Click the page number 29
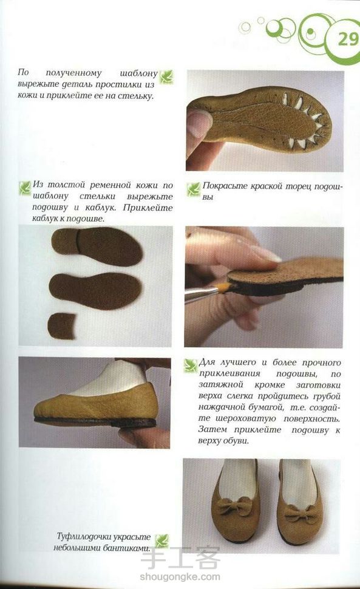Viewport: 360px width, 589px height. click(x=348, y=38)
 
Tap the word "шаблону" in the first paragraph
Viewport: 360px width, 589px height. click(x=139, y=73)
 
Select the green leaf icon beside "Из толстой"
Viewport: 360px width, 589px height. click(x=25, y=188)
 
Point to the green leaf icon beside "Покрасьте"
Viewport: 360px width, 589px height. click(x=193, y=189)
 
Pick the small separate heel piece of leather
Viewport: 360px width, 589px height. click(x=62, y=325)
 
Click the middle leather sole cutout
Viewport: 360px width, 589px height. click(x=95, y=291)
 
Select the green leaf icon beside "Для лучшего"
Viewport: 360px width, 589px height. click(x=191, y=366)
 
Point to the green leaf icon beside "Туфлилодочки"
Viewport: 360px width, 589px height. click(x=162, y=541)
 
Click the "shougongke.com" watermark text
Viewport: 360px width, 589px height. click(x=180, y=577)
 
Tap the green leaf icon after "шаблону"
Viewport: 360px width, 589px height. click(x=166, y=77)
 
